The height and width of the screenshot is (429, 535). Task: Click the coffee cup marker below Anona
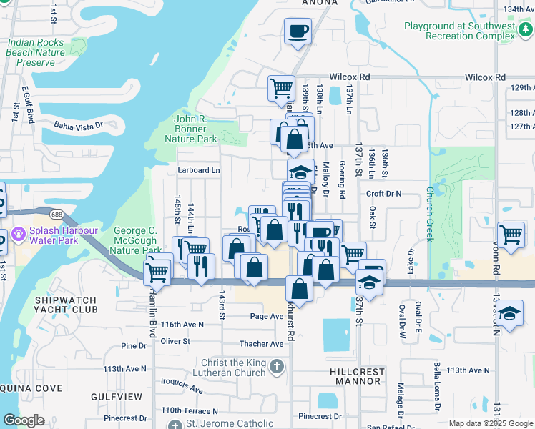pyautogui.click(x=298, y=31)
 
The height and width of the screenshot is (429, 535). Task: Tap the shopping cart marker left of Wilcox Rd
pyautogui.click(x=281, y=88)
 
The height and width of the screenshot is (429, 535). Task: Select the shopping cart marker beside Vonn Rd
pyautogui.click(x=511, y=235)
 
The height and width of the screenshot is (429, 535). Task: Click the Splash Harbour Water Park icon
pyautogui.click(x=18, y=234)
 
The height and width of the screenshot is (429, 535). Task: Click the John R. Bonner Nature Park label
pyautogui.click(x=195, y=129)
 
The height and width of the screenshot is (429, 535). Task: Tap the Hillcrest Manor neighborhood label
pyautogui.click(x=355, y=376)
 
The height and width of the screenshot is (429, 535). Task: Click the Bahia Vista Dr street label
pyautogui.click(x=79, y=124)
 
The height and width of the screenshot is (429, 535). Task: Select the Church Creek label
pyautogui.click(x=429, y=214)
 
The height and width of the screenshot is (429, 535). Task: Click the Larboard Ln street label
pyautogui.click(x=199, y=170)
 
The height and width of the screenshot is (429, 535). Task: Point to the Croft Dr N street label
pyautogui.click(x=384, y=194)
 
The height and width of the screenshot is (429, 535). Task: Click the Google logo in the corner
pyautogui.click(x=24, y=420)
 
